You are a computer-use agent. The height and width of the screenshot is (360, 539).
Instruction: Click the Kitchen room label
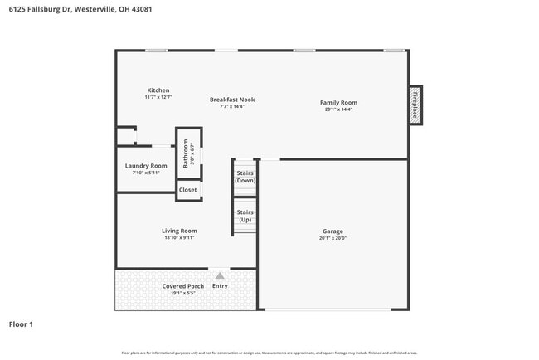click(158, 90)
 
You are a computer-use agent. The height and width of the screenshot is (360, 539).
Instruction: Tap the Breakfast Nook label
click(232, 100)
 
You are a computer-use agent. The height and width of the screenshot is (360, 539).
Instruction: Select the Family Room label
click(338, 103)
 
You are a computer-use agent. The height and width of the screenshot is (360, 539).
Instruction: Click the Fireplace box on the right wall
click(415, 105)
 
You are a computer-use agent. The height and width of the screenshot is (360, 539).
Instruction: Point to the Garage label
click(333, 231)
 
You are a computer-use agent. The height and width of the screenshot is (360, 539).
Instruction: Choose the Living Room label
click(179, 231)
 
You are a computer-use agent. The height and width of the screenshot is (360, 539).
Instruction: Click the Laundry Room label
click(146, 166)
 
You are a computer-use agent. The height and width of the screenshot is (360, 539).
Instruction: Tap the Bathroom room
click(187, 153)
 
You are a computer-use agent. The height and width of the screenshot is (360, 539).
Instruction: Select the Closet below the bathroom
click(188, 190)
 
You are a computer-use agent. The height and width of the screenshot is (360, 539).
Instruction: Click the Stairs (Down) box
click(245, 177)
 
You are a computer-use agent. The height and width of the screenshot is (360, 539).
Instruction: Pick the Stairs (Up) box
click(245, 216)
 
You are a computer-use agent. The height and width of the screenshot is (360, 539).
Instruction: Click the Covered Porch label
click(183, 286)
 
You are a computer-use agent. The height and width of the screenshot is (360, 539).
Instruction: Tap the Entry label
click(220, 286)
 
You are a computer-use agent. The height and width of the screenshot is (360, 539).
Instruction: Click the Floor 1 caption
click(21, 324)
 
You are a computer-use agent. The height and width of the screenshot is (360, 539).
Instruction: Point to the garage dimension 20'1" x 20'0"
click(333, 238)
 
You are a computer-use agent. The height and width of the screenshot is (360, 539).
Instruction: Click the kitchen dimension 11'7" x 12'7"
click(158, 97)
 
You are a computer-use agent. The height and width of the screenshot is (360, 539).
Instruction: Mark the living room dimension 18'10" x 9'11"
click(179, 237)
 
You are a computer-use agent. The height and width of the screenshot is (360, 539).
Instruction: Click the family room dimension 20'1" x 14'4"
click(338, 109)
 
